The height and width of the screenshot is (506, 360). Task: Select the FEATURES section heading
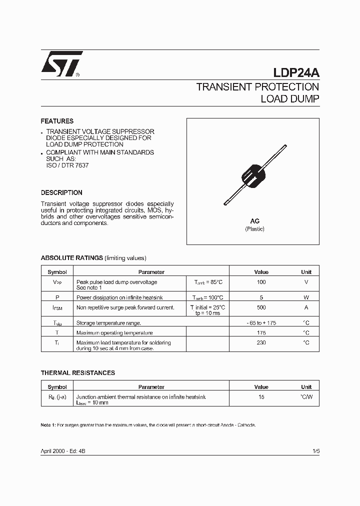[x=57, y=121]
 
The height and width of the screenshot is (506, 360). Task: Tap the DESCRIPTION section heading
[x=61, y=192]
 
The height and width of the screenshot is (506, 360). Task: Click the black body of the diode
[x=254, y=174]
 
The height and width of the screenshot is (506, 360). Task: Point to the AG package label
[x=254, y=221]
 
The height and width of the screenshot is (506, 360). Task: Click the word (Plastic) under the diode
[x=254, y=229]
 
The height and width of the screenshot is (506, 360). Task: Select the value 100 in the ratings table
[x=261, y=282]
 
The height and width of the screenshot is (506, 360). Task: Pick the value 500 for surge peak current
[x=261, y=307]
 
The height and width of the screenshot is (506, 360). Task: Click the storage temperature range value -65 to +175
[x=261, y=323]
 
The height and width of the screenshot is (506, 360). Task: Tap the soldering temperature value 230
[x=261, y=343]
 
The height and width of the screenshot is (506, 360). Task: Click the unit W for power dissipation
[x=306, y=297]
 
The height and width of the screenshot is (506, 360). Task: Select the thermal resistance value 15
[x=261, y=397]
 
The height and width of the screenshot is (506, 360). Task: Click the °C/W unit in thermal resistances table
[x=306, y=397]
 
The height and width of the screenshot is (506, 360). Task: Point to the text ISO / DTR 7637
[x=67, y=165]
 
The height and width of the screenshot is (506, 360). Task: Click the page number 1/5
[x=315, y=451]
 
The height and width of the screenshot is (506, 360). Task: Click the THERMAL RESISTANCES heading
[x=77, y=373]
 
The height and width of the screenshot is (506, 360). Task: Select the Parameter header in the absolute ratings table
[x=151, y=272]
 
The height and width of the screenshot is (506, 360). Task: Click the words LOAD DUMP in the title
[x=290, y=99]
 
